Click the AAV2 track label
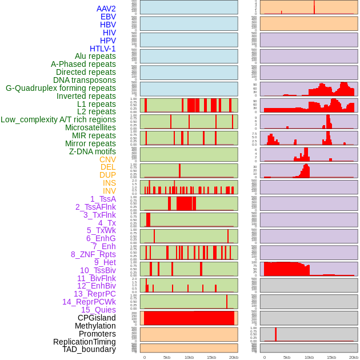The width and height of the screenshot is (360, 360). coord(106,9)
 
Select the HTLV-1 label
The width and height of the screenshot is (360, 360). coord(103,49)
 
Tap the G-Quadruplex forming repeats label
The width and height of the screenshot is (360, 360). coord(61,88)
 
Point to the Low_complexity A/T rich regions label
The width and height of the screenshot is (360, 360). coord(58,119)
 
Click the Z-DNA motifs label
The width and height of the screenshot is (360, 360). coord(93,151)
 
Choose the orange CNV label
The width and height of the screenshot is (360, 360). coord(107,159)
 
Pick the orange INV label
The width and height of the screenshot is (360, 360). coord(109,191)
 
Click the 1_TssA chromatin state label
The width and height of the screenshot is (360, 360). coord(103,199)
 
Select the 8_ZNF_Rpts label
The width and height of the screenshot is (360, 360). coord(93,254)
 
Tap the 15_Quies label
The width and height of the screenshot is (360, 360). coord(98,310)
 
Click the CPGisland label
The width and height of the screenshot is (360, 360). coord(97,318)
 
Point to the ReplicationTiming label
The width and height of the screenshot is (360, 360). coord(85,342)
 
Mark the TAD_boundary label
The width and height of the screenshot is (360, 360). coord(89,349)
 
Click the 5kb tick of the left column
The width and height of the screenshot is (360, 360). coord(167,357)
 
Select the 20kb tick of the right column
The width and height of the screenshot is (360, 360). coord(353,357)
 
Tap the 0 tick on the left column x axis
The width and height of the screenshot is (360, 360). coord(145,357)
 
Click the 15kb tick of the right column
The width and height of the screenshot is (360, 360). coord(331,357)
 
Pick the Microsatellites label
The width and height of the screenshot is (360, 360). coord(90,127)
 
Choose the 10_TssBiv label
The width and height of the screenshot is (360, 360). coord(98,270)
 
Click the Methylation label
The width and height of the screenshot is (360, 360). coord(95,326)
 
